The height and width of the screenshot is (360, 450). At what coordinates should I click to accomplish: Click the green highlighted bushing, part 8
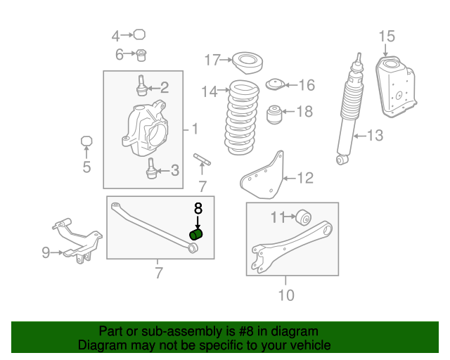197,235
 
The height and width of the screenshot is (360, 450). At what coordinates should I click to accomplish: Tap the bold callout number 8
198,208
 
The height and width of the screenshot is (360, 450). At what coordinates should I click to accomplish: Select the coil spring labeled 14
242,117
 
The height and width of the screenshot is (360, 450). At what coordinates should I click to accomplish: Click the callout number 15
387,37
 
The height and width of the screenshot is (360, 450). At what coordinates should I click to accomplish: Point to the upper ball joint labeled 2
141,86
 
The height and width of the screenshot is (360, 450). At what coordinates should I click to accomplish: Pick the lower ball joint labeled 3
152,169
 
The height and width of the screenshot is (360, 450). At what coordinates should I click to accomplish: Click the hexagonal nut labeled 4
139,34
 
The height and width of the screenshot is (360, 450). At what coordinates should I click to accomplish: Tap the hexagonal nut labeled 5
86,141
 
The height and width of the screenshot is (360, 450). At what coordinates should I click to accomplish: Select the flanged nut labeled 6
141,55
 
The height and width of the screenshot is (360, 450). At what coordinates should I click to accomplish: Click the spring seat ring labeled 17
247,63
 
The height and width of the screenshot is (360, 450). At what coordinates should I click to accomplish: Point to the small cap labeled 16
275,84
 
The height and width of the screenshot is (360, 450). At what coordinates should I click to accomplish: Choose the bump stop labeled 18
275,115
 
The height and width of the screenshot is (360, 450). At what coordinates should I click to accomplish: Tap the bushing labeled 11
303,217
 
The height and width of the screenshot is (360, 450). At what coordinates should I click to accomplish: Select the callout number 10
286,295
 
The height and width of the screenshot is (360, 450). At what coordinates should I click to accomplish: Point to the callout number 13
375,136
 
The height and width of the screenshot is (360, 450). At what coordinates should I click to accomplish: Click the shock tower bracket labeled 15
396,86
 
